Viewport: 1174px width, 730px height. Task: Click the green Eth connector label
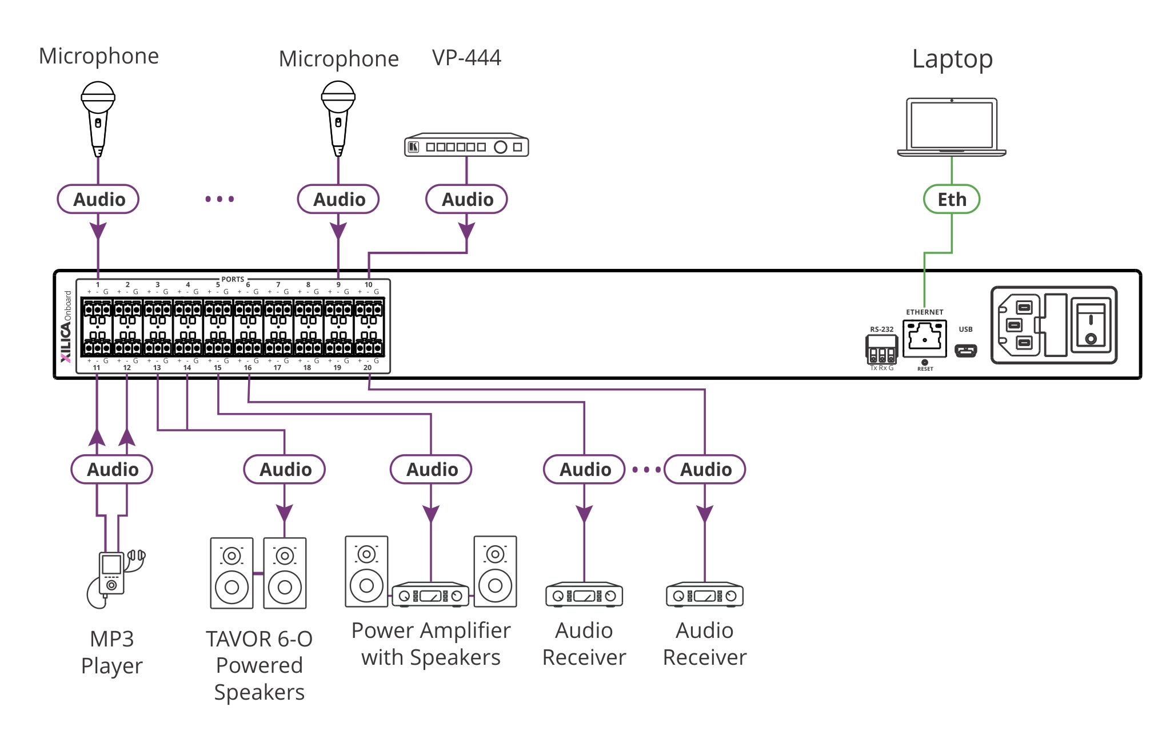click(x=951, y=199)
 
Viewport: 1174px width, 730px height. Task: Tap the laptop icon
click(x=951, y=127)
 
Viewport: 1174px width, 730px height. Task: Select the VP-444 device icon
click(x=466, y=146)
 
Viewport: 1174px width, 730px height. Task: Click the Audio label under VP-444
click(x=466, y=199)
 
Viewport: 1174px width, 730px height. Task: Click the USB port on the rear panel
click(x=965, y=350)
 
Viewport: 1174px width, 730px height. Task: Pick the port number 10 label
click(x=369, y=284)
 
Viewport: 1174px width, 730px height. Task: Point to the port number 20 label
click(x=368, y=368)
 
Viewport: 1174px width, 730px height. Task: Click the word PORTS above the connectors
click(x=233, y=279)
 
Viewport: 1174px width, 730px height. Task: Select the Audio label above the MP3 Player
click(x=112, y=469)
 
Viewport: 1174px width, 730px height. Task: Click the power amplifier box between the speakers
click(x=430, y=596)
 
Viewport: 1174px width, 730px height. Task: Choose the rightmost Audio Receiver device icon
click(x=704, y=596)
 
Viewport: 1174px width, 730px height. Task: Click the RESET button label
click(x=925, y=369)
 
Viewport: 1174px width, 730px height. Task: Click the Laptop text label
click(x=952, y=59)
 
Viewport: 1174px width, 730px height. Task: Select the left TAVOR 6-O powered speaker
click(x=231, y=573)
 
